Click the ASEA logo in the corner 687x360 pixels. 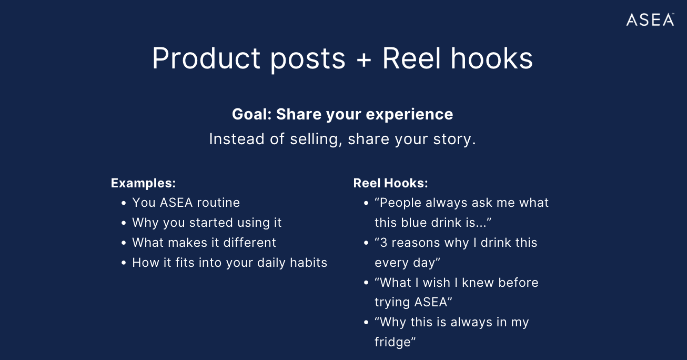650,19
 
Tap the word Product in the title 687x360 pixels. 206,58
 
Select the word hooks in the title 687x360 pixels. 492,58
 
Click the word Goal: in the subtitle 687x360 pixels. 252,114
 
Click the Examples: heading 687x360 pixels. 143,183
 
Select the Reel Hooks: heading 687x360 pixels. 390,183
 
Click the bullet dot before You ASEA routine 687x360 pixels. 124,203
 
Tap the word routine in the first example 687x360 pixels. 218,203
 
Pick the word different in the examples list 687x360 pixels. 250,243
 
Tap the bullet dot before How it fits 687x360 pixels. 124,263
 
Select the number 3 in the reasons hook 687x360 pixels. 383,243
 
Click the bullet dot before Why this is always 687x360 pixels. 366,323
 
